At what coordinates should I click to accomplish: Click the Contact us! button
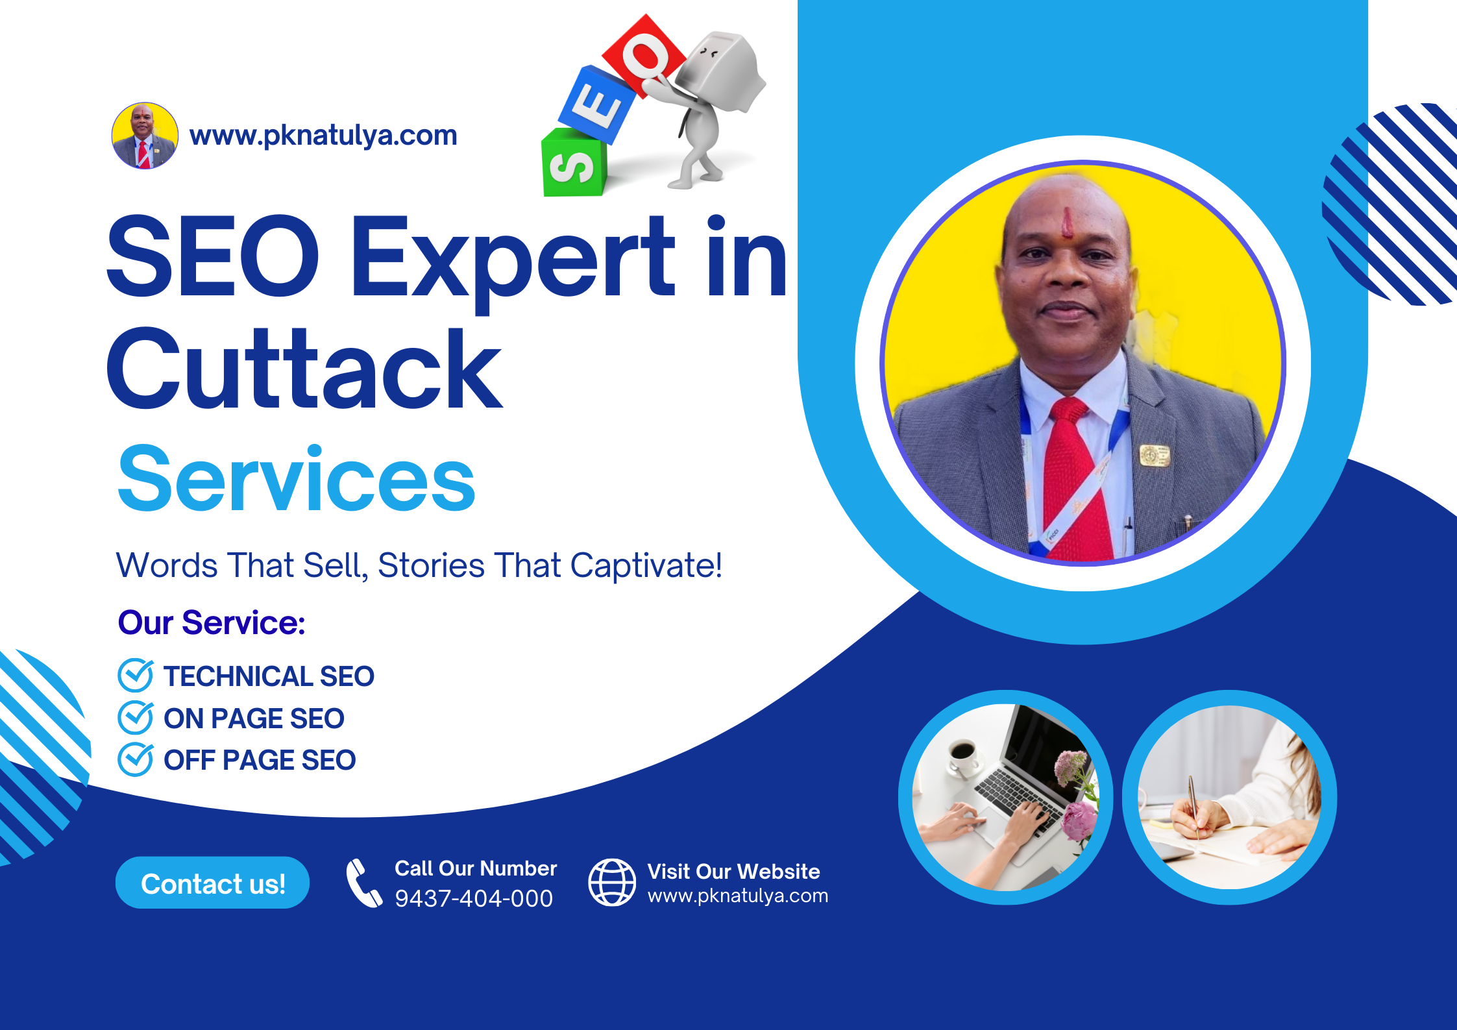212,883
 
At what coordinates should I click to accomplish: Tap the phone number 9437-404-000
474,898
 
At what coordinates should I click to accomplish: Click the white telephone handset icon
363,883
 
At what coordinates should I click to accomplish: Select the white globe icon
612,882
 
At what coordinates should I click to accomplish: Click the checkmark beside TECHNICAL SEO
136,675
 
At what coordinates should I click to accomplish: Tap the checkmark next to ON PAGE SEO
136,717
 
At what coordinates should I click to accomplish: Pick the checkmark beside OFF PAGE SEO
136,759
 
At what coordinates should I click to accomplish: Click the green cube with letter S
573,162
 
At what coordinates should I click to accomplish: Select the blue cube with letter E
597,104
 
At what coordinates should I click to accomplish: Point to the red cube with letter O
644,56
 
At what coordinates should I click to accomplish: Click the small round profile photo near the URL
145,136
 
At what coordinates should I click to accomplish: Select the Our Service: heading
212,622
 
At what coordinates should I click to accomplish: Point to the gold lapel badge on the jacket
1156,456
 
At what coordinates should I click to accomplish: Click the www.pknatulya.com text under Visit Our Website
738,896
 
